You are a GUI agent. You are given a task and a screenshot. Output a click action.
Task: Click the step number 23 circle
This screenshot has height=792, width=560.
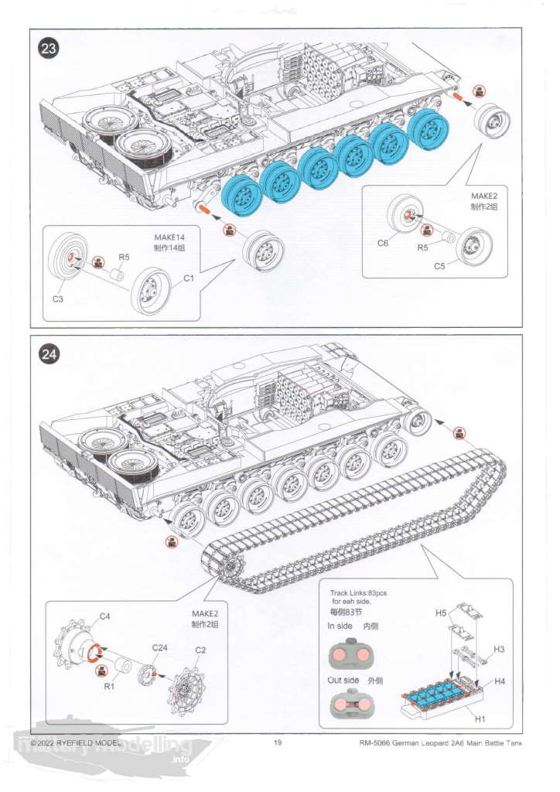[49, 49]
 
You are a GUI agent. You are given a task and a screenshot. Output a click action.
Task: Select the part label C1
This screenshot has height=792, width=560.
[188, 278]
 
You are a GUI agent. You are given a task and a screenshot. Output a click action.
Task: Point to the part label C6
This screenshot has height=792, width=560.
[383, 243]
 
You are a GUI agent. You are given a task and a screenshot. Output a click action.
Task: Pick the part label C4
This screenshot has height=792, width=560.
[105, 616]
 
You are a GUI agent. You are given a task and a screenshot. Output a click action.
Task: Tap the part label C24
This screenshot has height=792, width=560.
[160, 647]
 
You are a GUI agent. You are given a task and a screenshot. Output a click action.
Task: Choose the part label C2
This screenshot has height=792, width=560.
[200, 650]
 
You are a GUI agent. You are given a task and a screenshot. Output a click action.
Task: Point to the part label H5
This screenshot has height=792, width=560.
[441, 613]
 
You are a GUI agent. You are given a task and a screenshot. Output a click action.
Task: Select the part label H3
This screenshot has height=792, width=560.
[499, 649]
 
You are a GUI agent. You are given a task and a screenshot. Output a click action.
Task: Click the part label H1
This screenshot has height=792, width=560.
[480, 719]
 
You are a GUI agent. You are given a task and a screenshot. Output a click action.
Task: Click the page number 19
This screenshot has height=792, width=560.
[278, 742]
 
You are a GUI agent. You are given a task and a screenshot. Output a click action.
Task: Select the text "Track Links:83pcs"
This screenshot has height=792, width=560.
[359, 592]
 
